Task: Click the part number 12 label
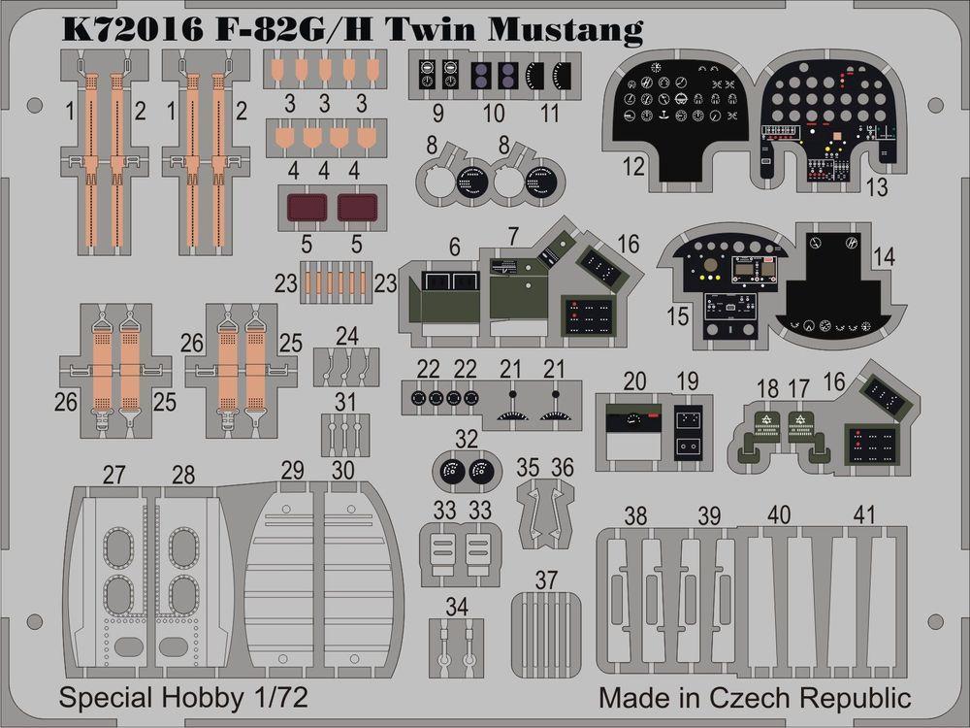[633, 167]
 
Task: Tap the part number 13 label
[877, 187]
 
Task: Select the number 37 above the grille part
[546, 580]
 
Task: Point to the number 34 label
[457, 607]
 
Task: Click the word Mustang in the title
[565, 29]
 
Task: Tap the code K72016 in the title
[132, 29]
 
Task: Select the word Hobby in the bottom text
[202, 698]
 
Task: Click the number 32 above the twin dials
[466, 440]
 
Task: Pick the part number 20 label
[634, 381]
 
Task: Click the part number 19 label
[687, 381]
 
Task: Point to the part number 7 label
[513, 237]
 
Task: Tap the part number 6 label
[455, 247]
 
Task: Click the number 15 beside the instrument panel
[677, 315]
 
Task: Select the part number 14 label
[884, 257]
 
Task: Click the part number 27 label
[113, 476]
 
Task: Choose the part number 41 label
[864, 515]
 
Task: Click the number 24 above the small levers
[347, 336]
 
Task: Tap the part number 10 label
[493, 114]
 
